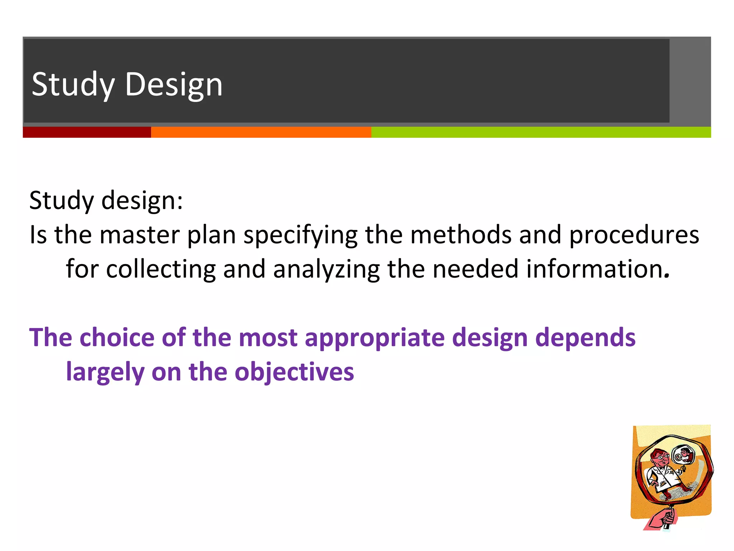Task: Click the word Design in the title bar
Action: [x=173, y=85]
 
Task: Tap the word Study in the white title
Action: [x=73, y=85]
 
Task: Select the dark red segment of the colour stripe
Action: [x=87, y=132]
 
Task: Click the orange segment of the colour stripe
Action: [x=261, y=132]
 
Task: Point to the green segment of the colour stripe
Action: [x=540, y=132]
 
